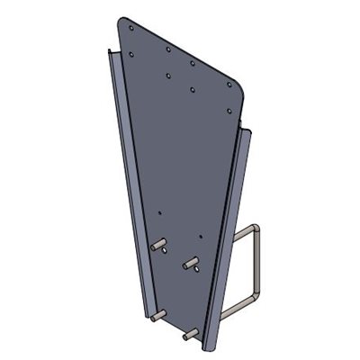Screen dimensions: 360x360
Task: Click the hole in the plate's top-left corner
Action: pyautogui.click(x=131, y=28)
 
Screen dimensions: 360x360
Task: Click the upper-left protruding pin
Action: pyautogui.click(x=159, y=245)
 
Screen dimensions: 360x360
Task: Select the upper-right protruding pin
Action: pyautogui.click(x=191, y=264)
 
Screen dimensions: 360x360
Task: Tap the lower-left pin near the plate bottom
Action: pyautogui.click(x=157, y=316)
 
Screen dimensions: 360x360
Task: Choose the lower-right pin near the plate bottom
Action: pyautogui.click(x=189, y=334)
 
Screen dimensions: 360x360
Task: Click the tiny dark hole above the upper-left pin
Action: pyautogui.click(x=160, y=213)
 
